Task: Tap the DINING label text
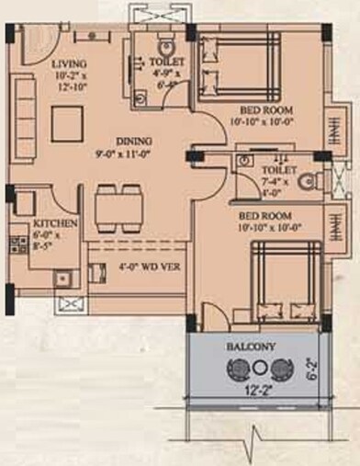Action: pos(130,141)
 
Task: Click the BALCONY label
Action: pos(252,347)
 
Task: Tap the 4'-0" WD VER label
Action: pos(148,267)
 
